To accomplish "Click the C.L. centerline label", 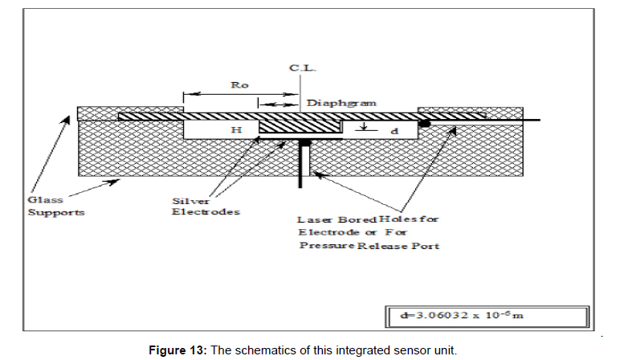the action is pos(303,67).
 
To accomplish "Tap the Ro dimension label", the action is pos(239,85).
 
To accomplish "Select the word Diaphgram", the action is pos(341,103).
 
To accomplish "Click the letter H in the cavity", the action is pos(236,130).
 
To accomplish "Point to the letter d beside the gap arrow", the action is pos(395,131).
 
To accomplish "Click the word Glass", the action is pos(45,199).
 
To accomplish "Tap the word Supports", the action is pos(56,212).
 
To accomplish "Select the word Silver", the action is pos(190,201).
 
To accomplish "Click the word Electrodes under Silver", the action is pos(206,212).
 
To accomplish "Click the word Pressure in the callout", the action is pos(326,245).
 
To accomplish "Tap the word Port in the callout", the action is pos(425,246).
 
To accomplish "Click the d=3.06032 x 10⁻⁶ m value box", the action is pos(487,317).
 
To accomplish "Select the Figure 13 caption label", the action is pos(178,350).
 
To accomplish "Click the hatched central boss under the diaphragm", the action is pos(300,126).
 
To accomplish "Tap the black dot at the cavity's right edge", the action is pos(425,124).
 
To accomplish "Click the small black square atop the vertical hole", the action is pos(305,142).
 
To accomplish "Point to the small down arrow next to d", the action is pos(363,126).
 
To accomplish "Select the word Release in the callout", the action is pos(382,246).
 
